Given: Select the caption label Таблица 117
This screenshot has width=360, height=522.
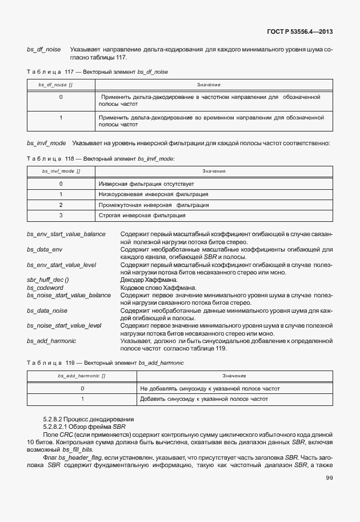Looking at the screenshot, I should pyautogui.click(x=49, y=71).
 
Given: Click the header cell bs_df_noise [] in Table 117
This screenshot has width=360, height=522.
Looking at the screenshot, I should pyautogui.click(x=59, y=85).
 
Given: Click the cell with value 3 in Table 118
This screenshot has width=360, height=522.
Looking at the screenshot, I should pyautogui.click(x=61, y=216).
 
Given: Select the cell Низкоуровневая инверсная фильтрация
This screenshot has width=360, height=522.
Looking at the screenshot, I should pyautogui.click(x=153, y=194).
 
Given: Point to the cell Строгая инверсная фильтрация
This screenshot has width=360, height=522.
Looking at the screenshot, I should pyautogui.click(x=142, y=216).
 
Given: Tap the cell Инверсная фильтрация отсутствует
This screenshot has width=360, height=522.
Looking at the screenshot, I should pyautogui.click(x=146, y=184).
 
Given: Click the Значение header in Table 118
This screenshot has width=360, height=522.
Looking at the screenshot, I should pyautogui.click(x=214, y=171).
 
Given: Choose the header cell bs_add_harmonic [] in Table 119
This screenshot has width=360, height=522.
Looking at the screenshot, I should pyautogui.click(x=81, y=376).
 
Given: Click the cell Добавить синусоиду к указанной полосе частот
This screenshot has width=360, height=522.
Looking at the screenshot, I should pyautogui.click(x=203, y=399).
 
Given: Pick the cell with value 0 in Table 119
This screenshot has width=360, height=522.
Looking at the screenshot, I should pyautogui.click(x=82, y=388).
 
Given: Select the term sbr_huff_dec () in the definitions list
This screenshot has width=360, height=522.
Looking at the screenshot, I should pyautogui.click(x=48, y=280).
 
